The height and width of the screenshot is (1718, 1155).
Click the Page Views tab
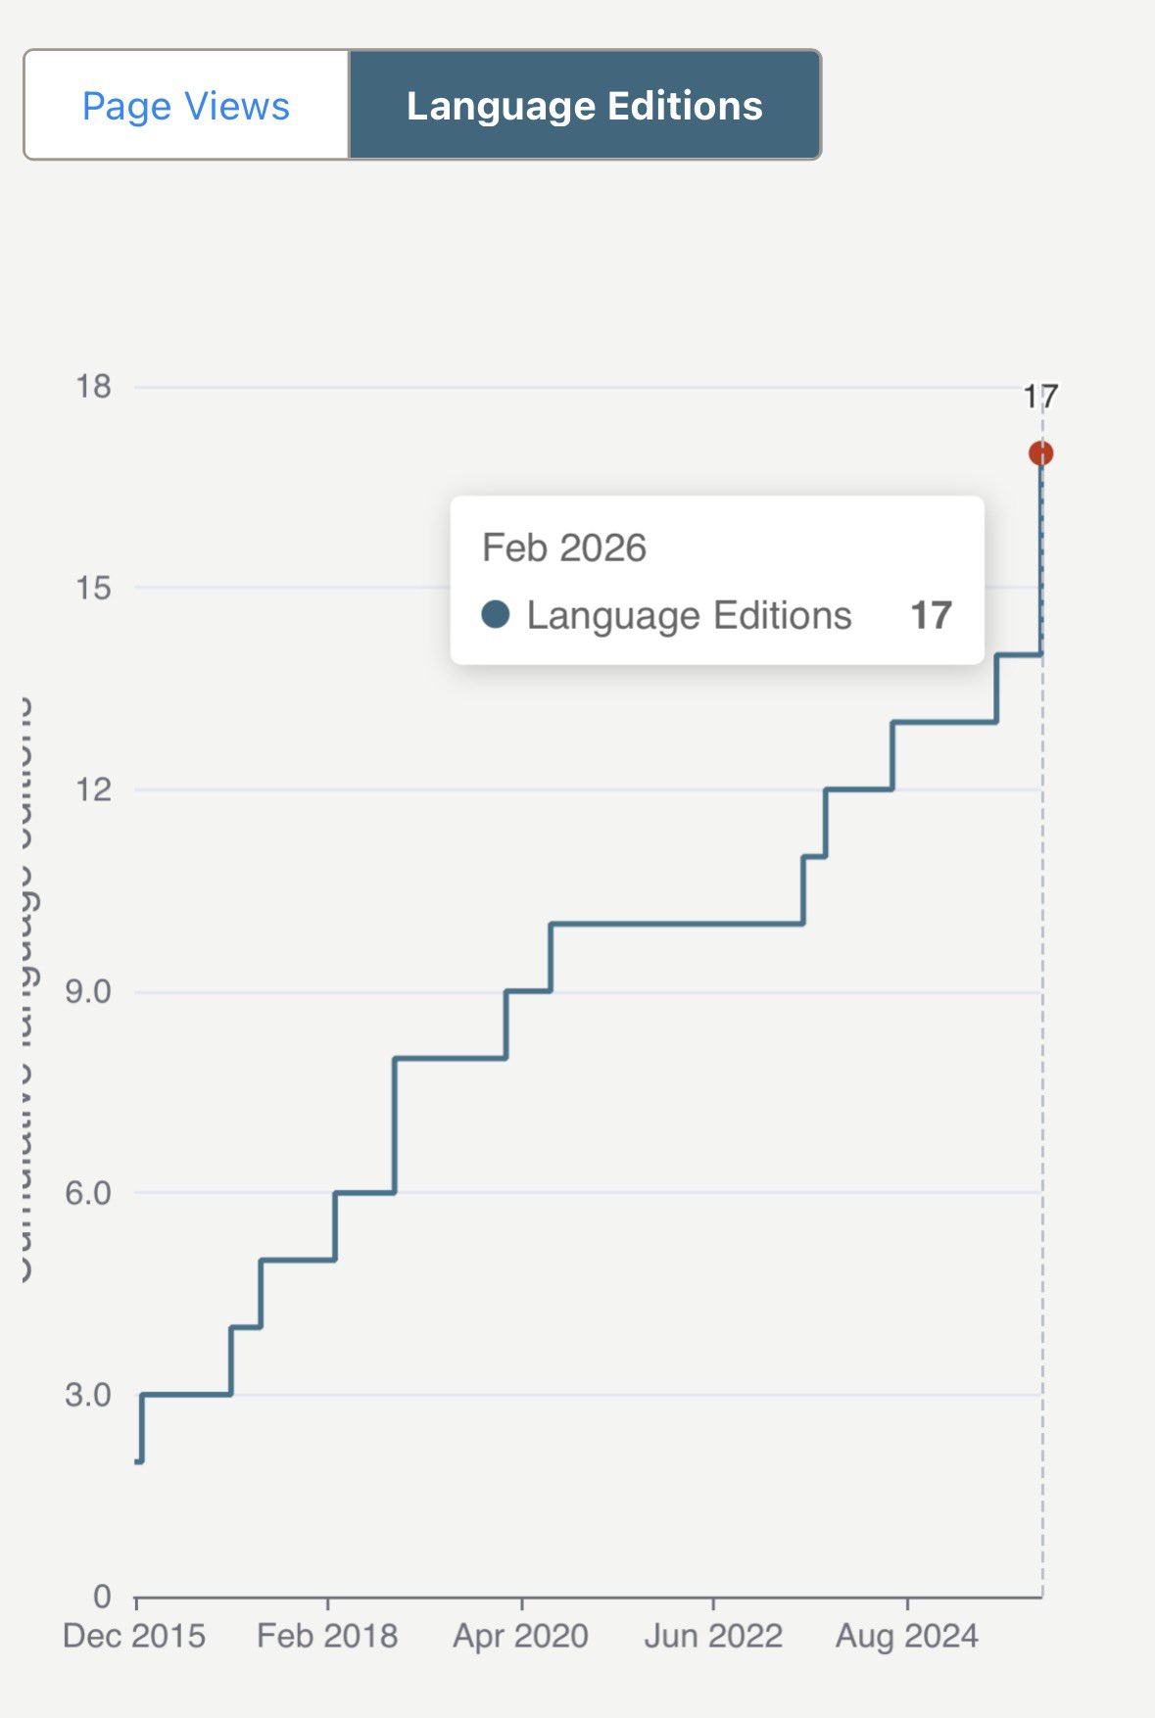pyautogui.click(x=186, y=106)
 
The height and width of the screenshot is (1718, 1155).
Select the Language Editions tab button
pyautogui.click(x=585, y=106)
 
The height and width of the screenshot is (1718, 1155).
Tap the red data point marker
pyautogui.click(x=1040, y=453)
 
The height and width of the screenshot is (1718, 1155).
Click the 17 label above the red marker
pyautogui.click(x=1040, y=397)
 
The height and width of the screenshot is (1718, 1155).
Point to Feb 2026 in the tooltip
pyautogui.click(x=564, y=549)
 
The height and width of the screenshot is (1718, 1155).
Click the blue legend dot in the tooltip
pyautogui.click(x=496, y=615)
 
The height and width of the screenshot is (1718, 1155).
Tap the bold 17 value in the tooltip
pyautogui.click(x=931, y=615)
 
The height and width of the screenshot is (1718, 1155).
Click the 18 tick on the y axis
pyautogui.click(x=94, y=387)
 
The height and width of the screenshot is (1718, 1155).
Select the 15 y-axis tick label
pyautogui.click(x=94, y=588)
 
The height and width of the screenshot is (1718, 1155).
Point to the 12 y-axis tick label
pyautogui.click(x=94, y=789)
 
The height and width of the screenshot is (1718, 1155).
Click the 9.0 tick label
pyautogui.click(x=88, y=991)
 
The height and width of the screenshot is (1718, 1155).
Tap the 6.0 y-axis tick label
pyautogui.click(x=88, y=1193)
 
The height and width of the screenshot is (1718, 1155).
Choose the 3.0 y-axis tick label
pyautogui.click(x=88, y=1395)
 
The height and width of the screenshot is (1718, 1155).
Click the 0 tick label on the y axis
pyautogui.click(x=102, y=1597)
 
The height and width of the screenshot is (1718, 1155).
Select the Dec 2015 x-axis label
pyautogui.click(x=134, y=1636)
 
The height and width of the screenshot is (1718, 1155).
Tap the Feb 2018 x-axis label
pyautogui.click(x=327, y=1636)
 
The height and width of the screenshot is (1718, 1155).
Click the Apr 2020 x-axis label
pyautogui.click(x=520, y=1636)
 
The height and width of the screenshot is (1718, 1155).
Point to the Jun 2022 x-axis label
pyautogui.click(x=713, y=1636)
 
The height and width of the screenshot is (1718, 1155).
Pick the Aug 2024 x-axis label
pyautogui.click(x=907, y=1636)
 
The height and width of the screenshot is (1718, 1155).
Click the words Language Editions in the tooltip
pyautogui.click(x=689, y=615)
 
